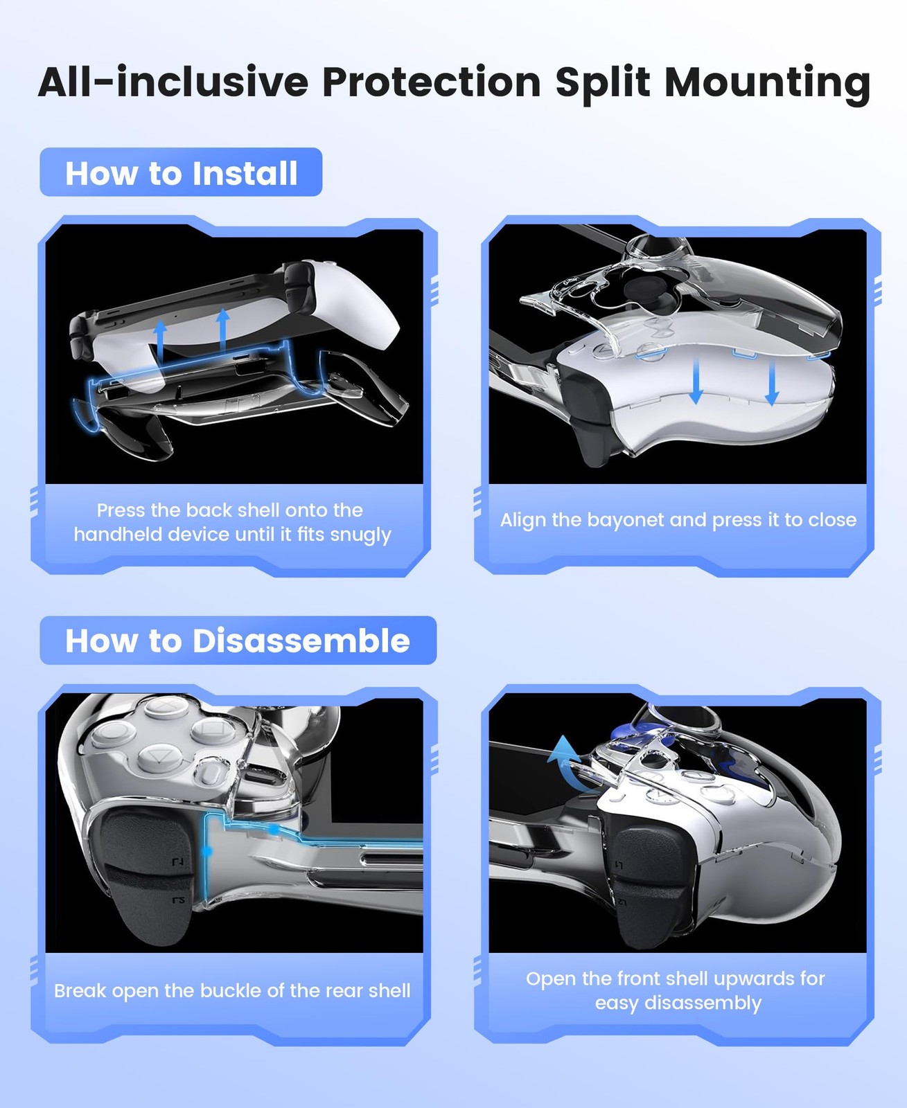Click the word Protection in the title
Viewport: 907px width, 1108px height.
(x=431, y=82)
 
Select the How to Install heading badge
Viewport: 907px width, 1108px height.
(x=181, y=172)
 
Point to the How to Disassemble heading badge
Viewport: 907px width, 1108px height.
(x=238, y=640)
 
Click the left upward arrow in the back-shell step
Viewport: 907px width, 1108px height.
(x=160, y=340)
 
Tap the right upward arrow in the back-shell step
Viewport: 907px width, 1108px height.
(x=223, y=329)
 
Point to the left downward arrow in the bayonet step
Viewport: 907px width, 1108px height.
(x=696, y=380)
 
